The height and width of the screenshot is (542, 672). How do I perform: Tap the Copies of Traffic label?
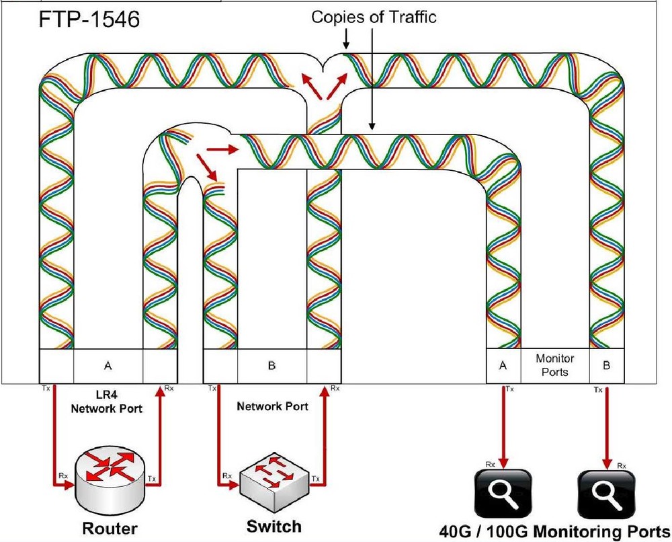[x=374, y=17]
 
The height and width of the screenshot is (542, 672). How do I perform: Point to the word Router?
[x=110, y=529]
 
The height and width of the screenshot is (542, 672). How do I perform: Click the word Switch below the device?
[x=274, y=525]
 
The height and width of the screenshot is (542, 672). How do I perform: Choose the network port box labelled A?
[x=108, y=366]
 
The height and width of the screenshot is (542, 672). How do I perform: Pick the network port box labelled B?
[x=272, y=366]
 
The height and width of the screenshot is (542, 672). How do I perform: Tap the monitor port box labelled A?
[x=503, y=366]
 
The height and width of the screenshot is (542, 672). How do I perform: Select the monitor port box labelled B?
[x=607, y=366]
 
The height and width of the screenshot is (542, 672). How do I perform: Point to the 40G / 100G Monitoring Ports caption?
[x=554, y=529]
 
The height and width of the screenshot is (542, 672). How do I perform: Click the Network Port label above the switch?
[x=272, y=406]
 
